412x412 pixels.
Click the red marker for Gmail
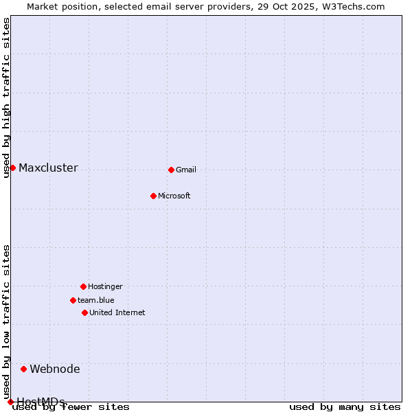[171, 170]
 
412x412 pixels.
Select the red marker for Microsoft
[153, 196]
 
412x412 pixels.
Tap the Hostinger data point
[83, 286]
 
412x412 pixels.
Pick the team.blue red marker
[73, 300]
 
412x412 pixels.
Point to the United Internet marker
[84, 312]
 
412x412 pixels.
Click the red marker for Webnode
[23, 369]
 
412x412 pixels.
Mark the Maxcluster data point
[12, 168]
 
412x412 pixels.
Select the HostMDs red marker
[10, 402]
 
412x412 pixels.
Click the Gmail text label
[186, 170]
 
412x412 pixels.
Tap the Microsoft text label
[174, 196]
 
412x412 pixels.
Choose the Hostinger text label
[105, 286]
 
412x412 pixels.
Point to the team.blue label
[96, 300]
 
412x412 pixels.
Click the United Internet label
[117, 312]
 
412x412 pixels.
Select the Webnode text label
[55, 369]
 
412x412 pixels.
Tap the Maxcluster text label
[48, 168]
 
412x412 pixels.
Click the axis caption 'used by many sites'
[345, 407]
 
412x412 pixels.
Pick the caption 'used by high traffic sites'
[6, 98]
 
